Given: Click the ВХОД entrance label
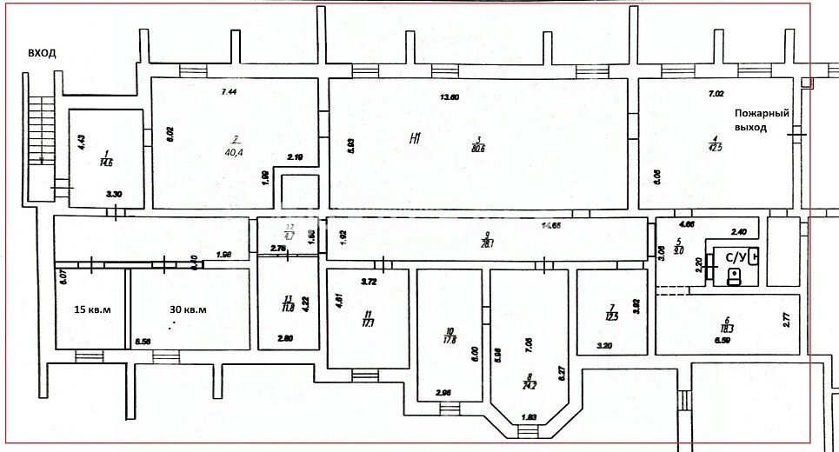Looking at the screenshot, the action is [42, 53].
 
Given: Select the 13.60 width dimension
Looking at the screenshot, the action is [449, 96].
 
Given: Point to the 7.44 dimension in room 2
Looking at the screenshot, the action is [230, 91].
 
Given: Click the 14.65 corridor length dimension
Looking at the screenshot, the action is [551, 226].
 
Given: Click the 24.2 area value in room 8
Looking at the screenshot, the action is [529, 383].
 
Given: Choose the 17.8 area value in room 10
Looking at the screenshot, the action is [449, 340].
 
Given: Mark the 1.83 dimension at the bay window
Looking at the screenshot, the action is [529, 418].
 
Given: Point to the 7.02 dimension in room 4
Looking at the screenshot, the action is [716, 93].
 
